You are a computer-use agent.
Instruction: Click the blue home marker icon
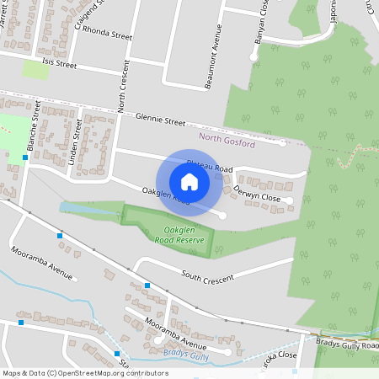[189, 181]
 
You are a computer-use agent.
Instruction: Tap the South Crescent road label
[207, 275]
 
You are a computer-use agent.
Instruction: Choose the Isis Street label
[53, 63]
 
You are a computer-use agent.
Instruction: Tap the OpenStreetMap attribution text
[85, 372]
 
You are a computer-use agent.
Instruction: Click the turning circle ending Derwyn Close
[289, 200]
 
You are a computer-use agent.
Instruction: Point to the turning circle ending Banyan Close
[253, 56]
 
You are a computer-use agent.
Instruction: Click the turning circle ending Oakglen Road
[222, 216]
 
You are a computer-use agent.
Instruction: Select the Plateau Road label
[209, 168]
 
